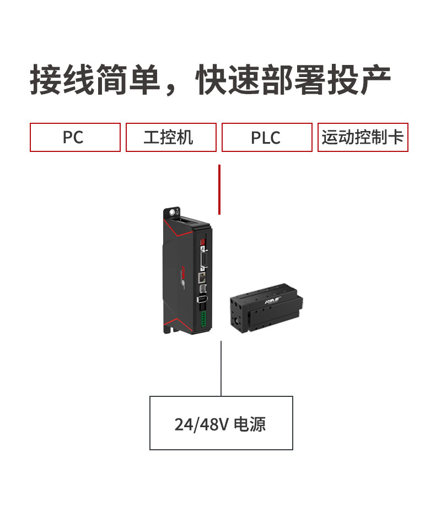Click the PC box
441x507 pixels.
pos(75,137)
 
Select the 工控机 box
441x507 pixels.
pos(171,137)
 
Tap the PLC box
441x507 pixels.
pos(267,137)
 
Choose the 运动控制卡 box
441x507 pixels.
pos(363,137)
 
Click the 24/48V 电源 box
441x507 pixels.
pos(221,423)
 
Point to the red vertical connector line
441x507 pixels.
pos(219,189)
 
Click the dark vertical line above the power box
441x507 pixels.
pos(221,368)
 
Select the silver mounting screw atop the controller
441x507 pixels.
pos(175,212)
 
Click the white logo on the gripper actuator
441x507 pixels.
pos(274,300)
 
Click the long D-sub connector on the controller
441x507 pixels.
pos(203,258)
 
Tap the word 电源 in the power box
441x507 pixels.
pos(250,424)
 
